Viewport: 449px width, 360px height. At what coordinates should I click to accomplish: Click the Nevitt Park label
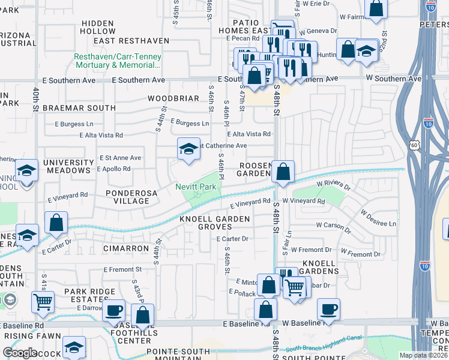coord(195,187)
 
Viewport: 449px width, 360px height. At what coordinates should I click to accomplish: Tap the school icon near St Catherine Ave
coord(188,149)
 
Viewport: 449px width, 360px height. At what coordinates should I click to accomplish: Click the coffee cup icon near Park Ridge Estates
coord(113,310)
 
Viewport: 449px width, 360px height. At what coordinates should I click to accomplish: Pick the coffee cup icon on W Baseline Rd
coord(328,309)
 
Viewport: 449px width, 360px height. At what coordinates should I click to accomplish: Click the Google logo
coord(20,353)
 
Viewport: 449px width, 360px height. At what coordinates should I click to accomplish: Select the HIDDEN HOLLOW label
coord(106,27)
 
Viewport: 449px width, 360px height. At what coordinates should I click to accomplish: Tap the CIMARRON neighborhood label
coord(125,248)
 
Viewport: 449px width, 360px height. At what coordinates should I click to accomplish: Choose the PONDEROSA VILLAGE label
coord(136,197)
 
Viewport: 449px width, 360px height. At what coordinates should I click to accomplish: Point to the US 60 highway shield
coord(414,145)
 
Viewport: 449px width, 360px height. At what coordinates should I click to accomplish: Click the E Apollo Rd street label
coord(113,169)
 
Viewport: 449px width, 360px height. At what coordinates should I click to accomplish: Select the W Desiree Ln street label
coord(378,218)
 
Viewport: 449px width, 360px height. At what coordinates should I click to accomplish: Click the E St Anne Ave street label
coord(120,158)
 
